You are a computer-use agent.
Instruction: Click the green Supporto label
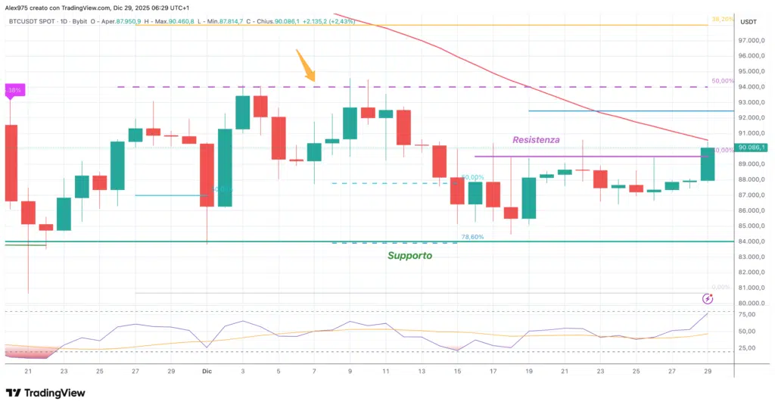[409, 256]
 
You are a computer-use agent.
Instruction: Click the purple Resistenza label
[536, 140]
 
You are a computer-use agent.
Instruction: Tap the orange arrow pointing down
[307, 66]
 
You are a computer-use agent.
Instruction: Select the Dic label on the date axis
[207, 372]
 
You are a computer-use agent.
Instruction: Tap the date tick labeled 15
[458, 372]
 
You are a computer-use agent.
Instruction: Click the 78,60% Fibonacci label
[471, 237]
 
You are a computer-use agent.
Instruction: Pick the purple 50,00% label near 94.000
[722, 81]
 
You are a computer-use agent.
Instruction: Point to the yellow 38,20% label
[722, 19]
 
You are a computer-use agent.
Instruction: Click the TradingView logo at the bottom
[45, 393]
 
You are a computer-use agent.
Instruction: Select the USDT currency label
[749, 22]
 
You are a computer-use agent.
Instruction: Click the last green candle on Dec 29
[708, 164]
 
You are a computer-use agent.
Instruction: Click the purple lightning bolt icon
[708, 299]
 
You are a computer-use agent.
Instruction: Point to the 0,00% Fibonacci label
[721, 288]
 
